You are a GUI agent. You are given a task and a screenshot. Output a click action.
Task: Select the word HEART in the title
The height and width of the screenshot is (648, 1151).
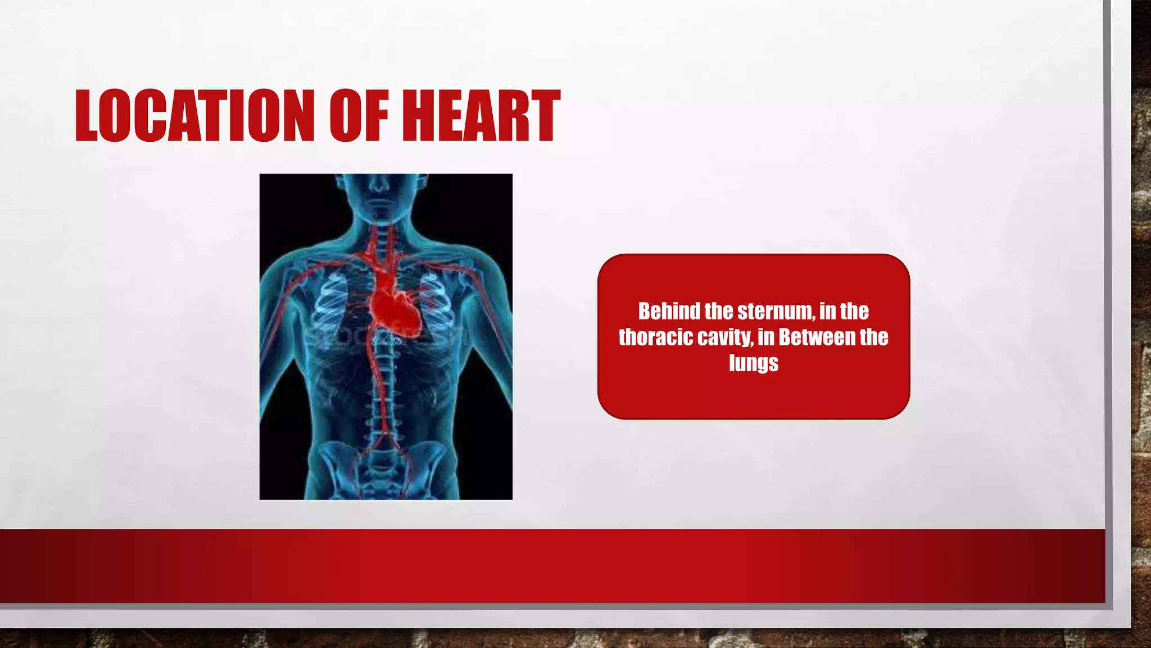coord(481,115)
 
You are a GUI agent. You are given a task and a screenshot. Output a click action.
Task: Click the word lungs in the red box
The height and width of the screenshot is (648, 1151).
coord(754,363)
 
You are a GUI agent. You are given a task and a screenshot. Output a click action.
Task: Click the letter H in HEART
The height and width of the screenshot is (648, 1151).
coord(419,115)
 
